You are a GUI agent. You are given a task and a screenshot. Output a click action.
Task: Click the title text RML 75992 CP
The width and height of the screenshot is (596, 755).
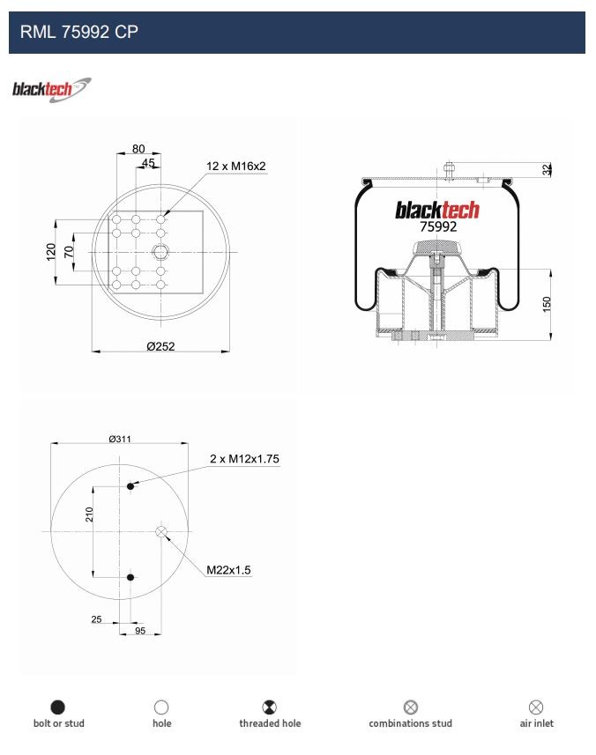(x=79, y=32)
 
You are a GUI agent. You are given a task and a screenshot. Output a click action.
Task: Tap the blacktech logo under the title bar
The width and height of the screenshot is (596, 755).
(x=51, y=90)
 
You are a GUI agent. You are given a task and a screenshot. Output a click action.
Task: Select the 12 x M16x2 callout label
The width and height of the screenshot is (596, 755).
(x=236, y=167)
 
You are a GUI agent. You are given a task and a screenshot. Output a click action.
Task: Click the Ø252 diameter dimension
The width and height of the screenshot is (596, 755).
(x=161, y=346)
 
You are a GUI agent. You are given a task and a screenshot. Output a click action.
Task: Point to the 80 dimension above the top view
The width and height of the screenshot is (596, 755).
(x=138, y=149)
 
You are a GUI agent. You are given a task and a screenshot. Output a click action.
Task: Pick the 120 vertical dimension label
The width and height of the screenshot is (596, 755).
(x=51, y=252)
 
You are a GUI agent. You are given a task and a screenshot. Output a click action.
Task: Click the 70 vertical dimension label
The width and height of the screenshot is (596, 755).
(x=69, y=251)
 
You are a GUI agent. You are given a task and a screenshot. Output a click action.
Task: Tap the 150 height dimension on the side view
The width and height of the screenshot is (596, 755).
(x=547, y=304)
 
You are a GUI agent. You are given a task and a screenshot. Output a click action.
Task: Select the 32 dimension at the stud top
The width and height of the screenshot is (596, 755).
(x=546, y=169)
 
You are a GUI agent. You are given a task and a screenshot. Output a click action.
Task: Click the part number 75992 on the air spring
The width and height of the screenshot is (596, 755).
(x=438, y=226)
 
